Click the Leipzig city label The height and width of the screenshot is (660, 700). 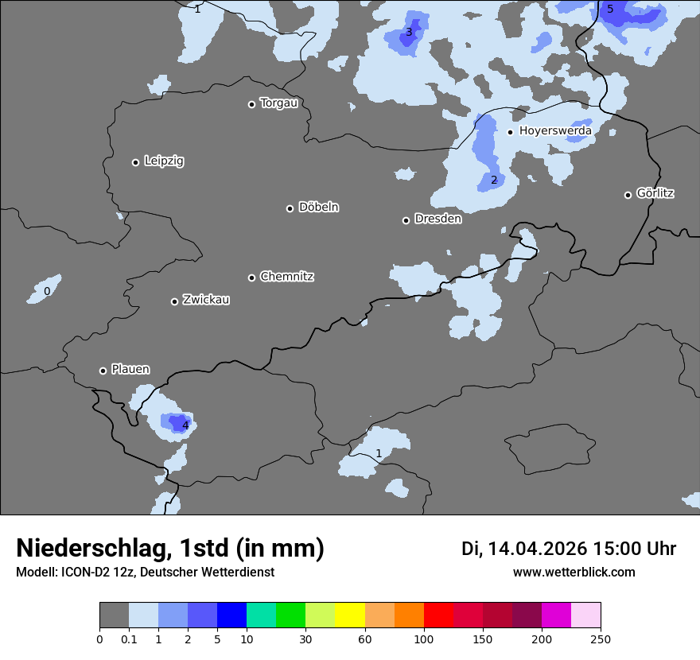[x=164, y=161]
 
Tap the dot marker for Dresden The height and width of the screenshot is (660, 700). [x=406, y=220]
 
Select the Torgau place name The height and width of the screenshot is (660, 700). [x=278, y=103]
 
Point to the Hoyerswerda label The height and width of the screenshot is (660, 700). [x=555, y=130]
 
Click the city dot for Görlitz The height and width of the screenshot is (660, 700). [x=628, y=195]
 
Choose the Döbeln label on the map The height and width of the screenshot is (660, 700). [x=318, y=208]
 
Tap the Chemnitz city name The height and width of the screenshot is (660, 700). [x=286, y=277]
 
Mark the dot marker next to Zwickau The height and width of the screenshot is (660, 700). [x=174, y=301]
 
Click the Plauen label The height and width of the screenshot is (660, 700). [x=130, y=369]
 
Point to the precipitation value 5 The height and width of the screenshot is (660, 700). [x=610, y=10]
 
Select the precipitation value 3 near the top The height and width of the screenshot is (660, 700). [x=409, y=33]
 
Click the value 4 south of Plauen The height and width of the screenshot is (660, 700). [x=185, y=425]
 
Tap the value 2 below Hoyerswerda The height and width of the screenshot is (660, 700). [x=494, y=181]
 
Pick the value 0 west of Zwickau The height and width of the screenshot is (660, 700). [x=47, y=292]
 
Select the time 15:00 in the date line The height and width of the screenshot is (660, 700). [x=612, y=549]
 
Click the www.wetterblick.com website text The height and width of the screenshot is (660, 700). [x=574, y=572]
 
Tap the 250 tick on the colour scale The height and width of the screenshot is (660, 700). [x=601, y=639]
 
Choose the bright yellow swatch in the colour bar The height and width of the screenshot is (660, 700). [x=350, y=615]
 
